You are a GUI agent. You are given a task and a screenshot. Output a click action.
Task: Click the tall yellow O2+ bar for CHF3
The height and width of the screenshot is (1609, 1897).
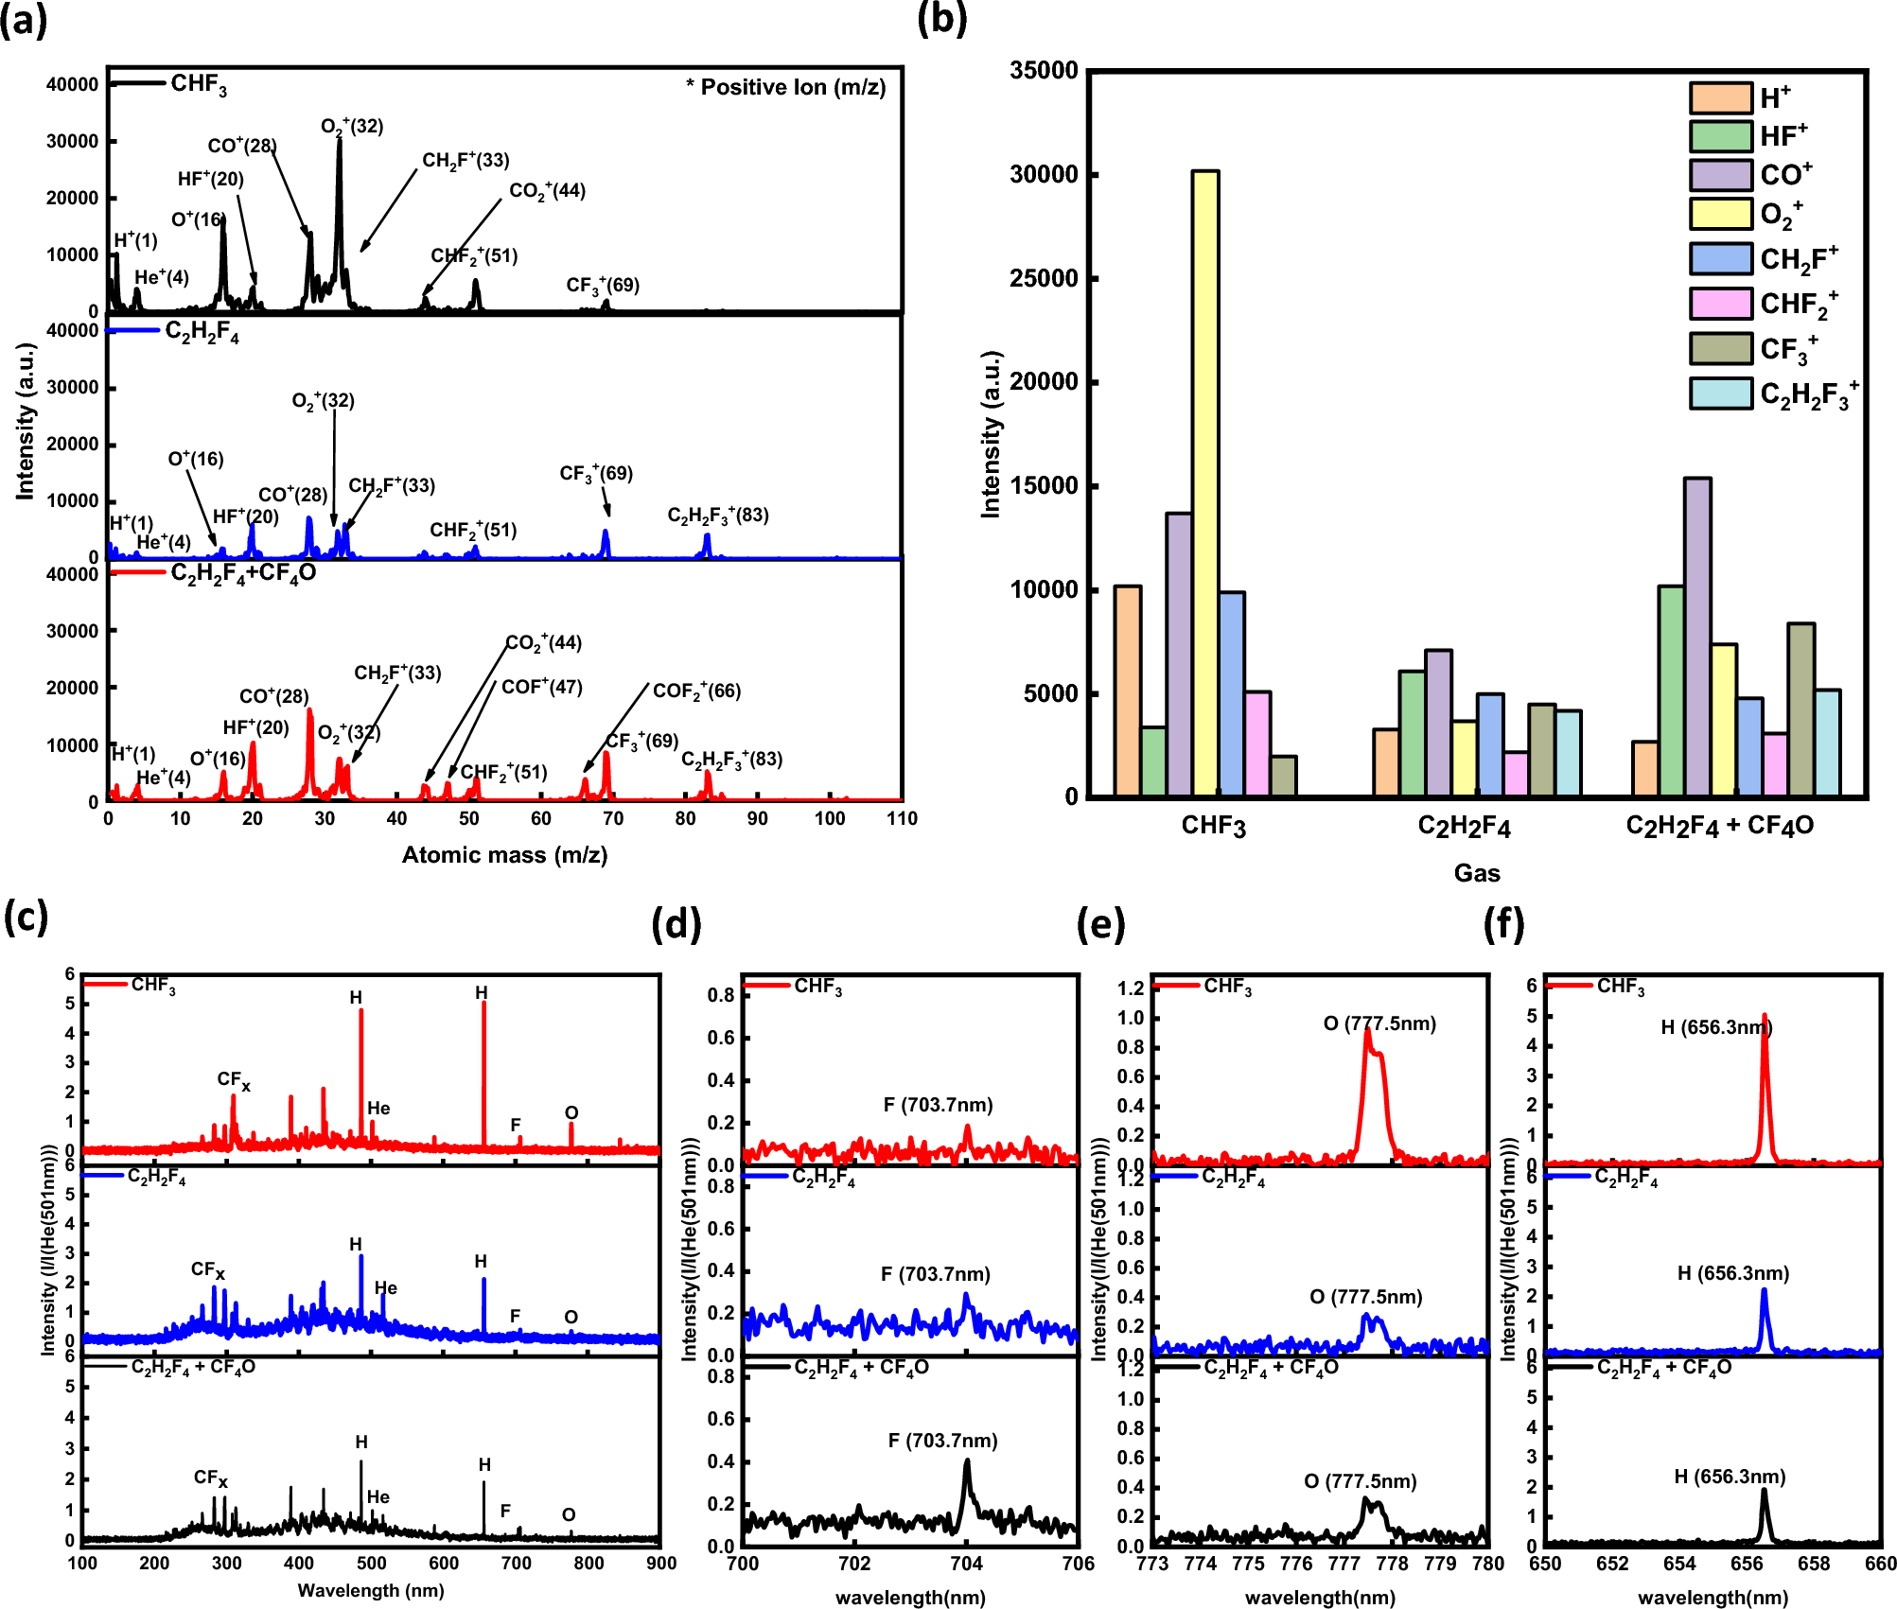coord(1204,482)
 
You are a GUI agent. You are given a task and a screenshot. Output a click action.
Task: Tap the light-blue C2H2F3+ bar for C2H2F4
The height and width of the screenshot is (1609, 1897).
coord(1568,753)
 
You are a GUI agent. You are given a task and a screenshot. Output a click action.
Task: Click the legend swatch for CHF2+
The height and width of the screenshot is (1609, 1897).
coord(1720,304)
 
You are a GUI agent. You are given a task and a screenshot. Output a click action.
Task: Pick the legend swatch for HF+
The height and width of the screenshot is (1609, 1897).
coord(1720,136)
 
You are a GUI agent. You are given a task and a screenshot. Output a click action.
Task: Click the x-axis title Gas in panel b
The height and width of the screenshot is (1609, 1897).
coord(1476,872)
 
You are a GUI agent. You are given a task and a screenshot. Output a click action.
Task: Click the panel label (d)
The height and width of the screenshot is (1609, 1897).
coord(676,923)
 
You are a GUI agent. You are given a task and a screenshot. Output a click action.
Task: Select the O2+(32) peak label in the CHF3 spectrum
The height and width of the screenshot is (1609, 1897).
coord(352,126)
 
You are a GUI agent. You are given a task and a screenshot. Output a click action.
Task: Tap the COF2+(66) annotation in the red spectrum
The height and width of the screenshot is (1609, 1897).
coord(696,691)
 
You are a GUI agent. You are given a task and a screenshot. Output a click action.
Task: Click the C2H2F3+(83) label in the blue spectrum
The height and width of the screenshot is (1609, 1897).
coord(718,516)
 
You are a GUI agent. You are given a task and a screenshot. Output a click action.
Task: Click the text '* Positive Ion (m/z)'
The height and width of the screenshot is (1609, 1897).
coord(785,87)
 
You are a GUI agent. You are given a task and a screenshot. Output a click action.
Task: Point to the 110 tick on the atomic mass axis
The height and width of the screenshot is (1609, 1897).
coord(902,818)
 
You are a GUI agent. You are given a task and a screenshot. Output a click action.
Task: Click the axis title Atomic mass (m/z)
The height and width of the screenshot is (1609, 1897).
coord(504,855)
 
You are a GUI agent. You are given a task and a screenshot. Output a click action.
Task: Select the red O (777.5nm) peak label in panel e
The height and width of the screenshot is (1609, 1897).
coord(1379,1023)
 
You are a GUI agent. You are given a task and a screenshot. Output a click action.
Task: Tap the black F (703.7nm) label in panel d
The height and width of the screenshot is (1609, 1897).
coord(942,1441)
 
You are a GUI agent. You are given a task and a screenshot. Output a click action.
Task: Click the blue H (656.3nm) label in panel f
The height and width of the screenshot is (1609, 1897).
coord(1733,1273)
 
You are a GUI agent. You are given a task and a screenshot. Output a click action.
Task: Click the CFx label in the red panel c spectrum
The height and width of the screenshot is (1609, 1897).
coord(234,1079)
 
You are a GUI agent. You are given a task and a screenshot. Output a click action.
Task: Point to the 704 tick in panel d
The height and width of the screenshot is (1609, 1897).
coord(966,1564)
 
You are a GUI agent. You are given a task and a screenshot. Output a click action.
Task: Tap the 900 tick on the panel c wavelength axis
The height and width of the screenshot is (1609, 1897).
coord(660,1564)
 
